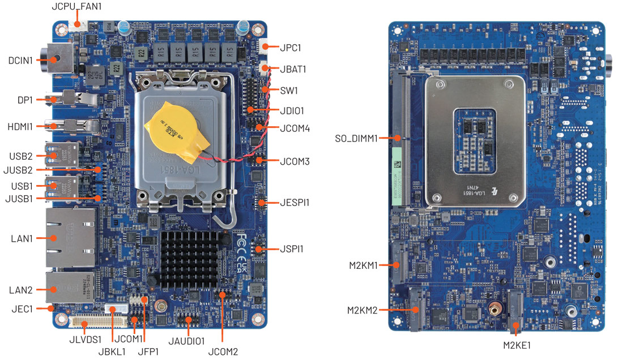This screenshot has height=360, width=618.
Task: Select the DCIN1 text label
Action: coord(20,59)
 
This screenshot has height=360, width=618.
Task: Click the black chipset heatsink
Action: coord(189,259)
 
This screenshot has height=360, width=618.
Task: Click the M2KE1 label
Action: coord(517,344)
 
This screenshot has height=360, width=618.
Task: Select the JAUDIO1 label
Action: coord(186,341)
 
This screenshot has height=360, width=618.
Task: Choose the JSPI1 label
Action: coord(295,248)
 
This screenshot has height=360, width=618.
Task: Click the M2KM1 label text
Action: coord(364,264)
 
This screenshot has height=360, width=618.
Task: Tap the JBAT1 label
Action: coord(293,69)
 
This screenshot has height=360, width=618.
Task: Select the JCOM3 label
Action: coord(295,161)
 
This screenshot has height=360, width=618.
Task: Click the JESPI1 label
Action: coord(295,202)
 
